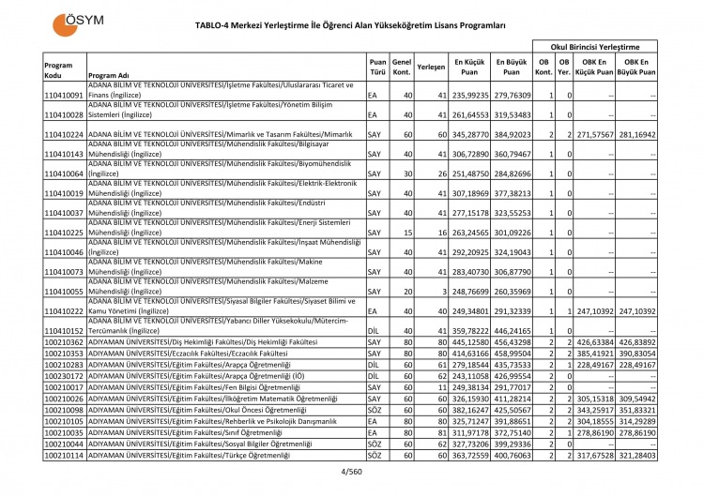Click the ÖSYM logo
[78, 21]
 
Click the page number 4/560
[351, 471]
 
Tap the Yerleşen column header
[430, 68]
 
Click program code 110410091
[64, 96]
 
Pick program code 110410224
[64, 135]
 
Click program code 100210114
[64, 455]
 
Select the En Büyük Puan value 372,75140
[513, 432]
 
